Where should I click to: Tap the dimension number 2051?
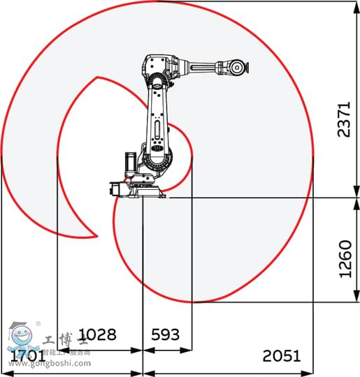[282, 355]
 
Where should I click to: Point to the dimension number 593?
[166, 334]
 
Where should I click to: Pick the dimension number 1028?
[97, 334]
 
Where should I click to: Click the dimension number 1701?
[27, 355]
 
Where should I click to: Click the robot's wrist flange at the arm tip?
[240, 68]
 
